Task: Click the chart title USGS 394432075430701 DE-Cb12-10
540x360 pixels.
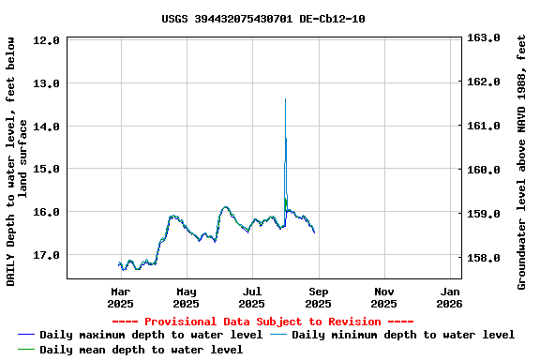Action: (x=263, y=19)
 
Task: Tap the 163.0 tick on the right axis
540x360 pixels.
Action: (x=486, y=38)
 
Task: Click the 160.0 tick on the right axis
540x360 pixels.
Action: (x=486, y=170)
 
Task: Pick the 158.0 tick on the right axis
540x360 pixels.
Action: (x=486, y=258)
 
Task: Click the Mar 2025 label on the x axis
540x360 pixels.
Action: (x=121, y=297)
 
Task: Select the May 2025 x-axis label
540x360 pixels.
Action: (x=187, y=297)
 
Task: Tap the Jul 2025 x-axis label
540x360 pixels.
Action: (x=252, y=297)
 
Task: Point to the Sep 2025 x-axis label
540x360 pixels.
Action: (x=319, y=297)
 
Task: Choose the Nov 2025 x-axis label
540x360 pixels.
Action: (x=384, y=297)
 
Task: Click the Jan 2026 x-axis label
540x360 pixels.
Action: (x=450, y=297)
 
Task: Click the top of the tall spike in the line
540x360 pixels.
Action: (x=285, y=99)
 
